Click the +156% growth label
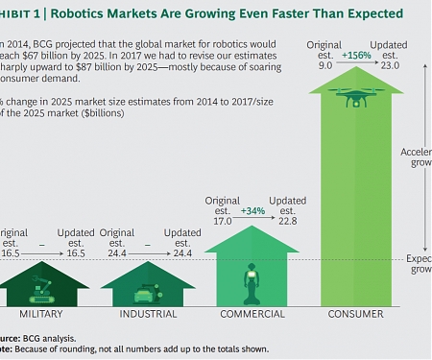point(356,55)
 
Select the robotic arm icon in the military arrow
point(38,285)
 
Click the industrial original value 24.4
point(115,254)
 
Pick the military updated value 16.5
point(76,254)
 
